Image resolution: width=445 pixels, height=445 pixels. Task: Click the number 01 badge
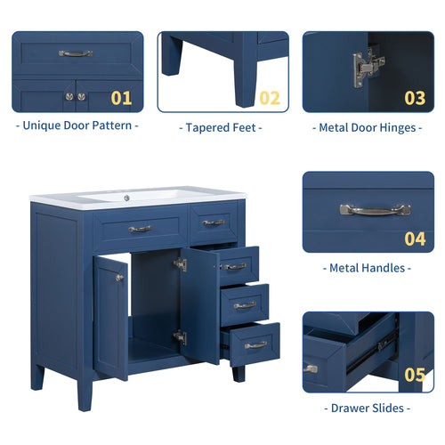point(121,98)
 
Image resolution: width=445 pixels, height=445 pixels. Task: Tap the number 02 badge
point(269,98)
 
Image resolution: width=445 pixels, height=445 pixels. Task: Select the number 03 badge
point(415,98)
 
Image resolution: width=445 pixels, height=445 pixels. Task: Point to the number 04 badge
point(415,239)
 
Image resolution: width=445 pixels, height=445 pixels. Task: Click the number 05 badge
point(415,374)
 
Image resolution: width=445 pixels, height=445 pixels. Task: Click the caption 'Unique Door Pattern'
point(77,125)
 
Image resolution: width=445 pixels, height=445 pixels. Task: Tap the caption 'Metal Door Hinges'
point(368,127)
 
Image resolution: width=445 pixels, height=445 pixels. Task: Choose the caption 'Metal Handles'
point(368,267)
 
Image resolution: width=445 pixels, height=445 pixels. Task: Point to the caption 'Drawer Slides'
point(368,408)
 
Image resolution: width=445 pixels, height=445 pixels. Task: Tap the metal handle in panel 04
point(375,210)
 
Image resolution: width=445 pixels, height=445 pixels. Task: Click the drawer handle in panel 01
point(76,53)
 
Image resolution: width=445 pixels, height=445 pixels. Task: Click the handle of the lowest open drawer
point(255,344)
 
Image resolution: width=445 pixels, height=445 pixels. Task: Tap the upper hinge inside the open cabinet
point(181,264)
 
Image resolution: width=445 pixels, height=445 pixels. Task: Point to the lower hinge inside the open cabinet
point(181,337)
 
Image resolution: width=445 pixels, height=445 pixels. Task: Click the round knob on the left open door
point(119,278)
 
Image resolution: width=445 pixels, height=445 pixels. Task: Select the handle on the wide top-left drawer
point(140,229)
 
